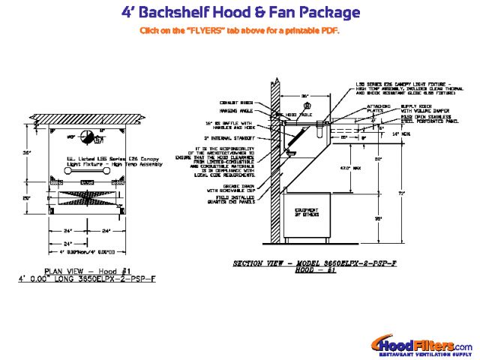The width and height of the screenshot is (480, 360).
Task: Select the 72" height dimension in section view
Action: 401,193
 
